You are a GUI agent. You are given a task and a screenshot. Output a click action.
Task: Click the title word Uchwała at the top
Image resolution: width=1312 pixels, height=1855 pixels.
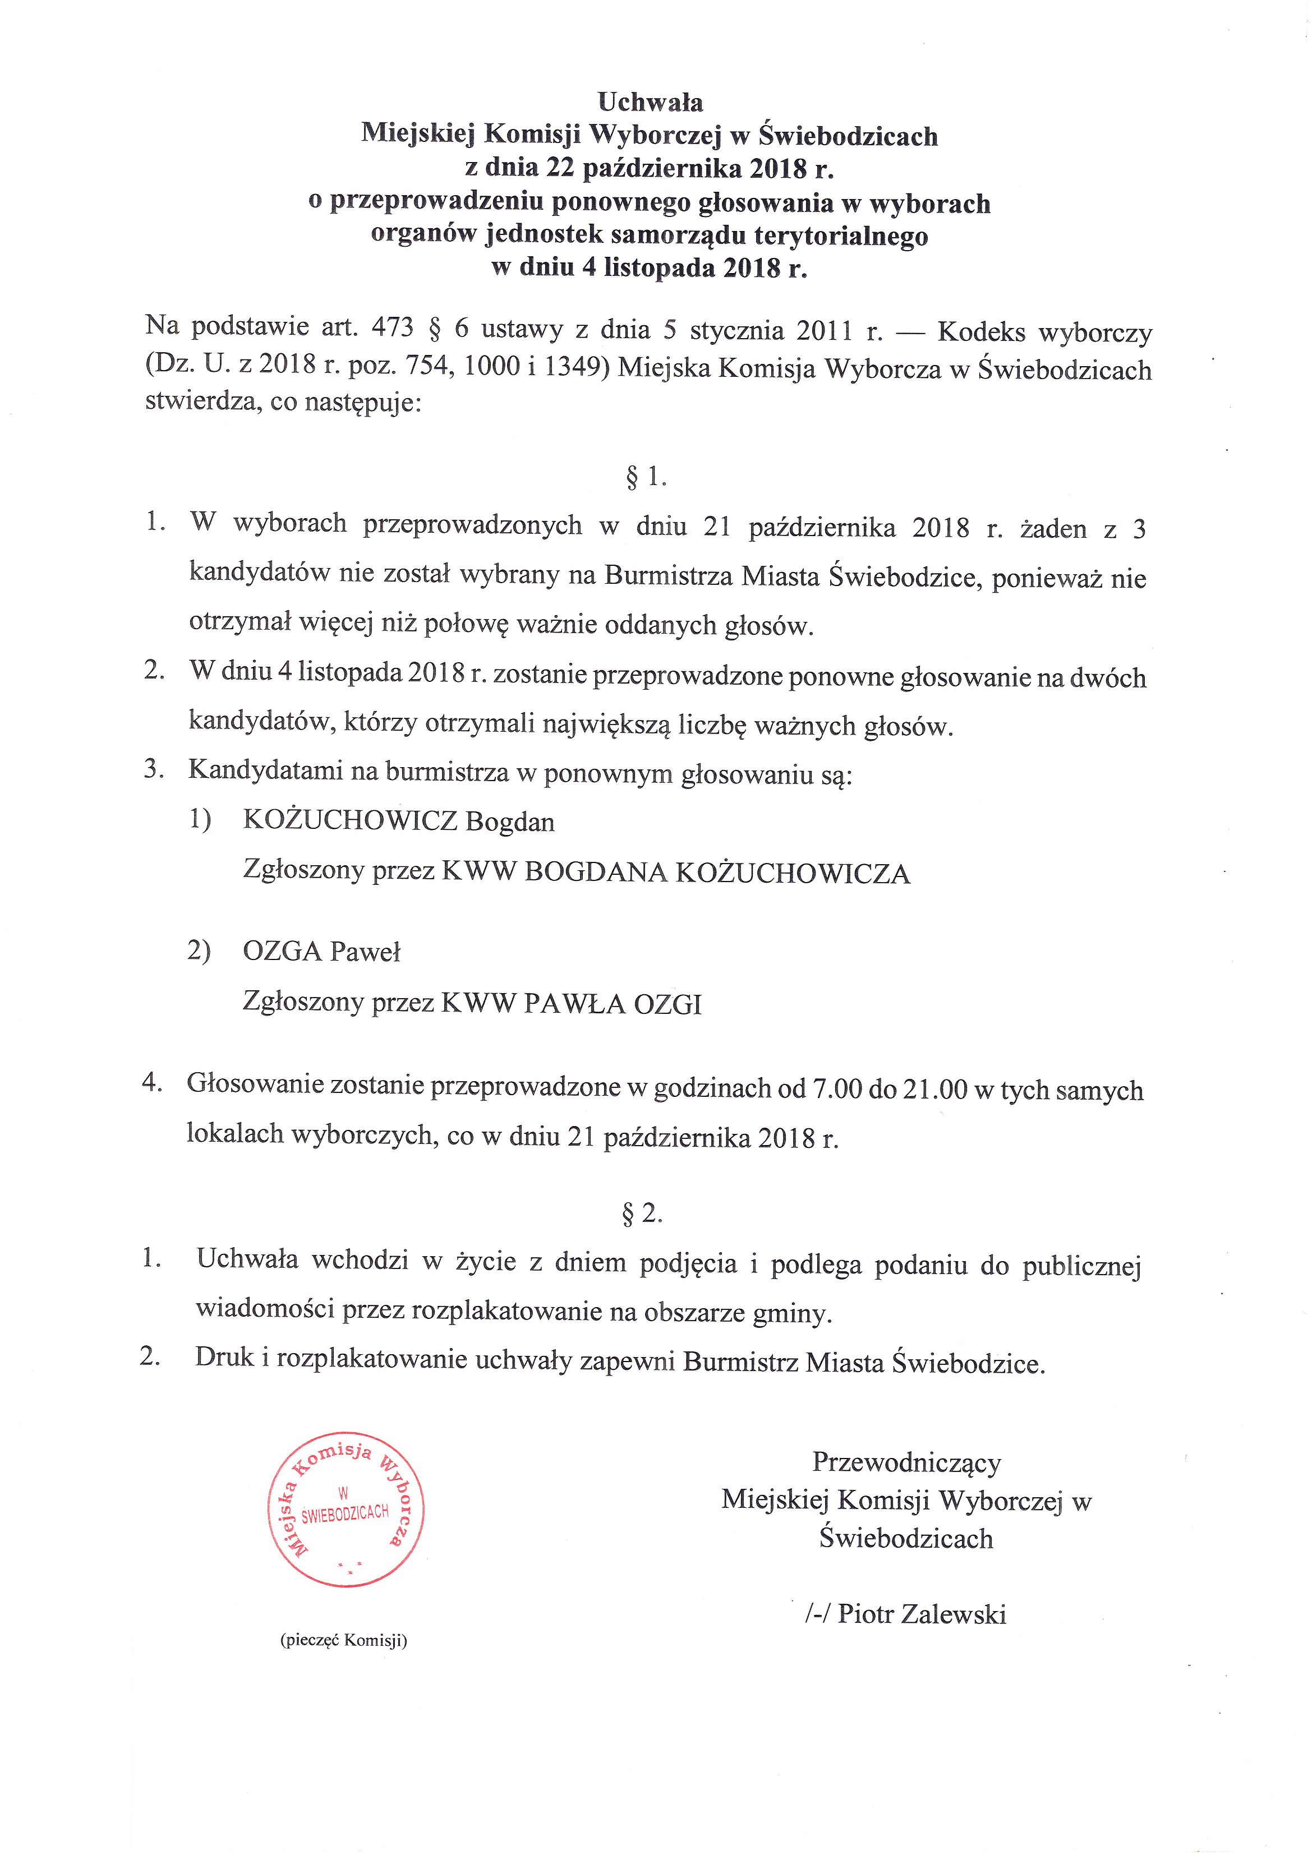pos(650,103)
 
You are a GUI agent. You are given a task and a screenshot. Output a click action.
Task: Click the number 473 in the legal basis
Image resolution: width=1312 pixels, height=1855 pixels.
pos(392,327)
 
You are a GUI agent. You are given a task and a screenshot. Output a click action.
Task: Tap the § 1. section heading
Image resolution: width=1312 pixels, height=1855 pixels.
pos(646,477)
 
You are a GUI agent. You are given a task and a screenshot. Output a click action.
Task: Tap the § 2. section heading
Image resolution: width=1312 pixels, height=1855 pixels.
pos(643,1213)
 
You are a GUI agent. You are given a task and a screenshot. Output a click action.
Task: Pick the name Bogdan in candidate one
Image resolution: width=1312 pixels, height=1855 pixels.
pos(510,822)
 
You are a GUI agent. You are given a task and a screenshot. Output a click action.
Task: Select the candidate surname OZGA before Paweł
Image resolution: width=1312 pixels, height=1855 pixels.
pos(282,951)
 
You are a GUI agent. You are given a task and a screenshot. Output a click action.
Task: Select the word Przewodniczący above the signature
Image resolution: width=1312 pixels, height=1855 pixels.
pos(906,1462)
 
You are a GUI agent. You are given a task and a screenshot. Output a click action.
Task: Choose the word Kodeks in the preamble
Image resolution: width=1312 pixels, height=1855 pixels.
pos(980,331)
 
